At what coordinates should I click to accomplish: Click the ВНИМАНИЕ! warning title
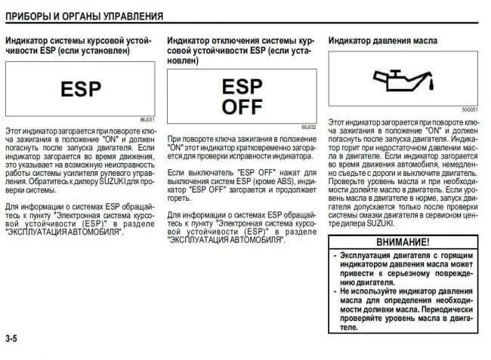[x=403, y=243]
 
